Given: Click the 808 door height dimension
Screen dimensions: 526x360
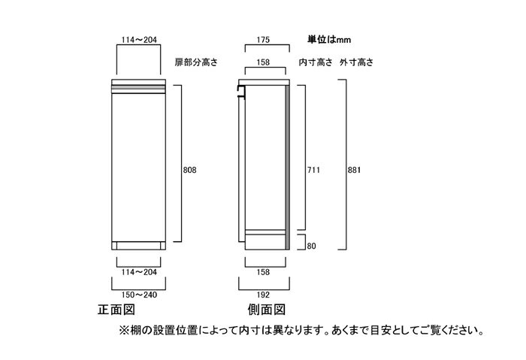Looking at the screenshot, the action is click(189, 170).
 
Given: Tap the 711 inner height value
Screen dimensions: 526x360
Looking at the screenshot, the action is click(313, 170).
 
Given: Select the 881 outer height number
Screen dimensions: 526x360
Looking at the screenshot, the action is click(354, 170).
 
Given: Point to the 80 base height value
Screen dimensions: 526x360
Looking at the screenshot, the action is click(311, 246).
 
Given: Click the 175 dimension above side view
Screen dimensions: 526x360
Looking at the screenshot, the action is click(263, 40).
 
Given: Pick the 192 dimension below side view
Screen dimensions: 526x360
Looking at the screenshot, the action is click(263, 295).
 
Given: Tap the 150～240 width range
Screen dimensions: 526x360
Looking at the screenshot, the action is click(139, 295).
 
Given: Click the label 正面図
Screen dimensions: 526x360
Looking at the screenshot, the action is click(116, 310).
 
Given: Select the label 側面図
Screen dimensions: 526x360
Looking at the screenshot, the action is click(267, 310).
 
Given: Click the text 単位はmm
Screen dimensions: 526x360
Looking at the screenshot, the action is click(329, 40).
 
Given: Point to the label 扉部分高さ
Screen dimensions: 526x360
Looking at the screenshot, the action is click(196, 62).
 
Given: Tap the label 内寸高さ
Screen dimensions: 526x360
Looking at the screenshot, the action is click(316, 62).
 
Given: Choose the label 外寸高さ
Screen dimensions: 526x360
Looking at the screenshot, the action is click(357, 62).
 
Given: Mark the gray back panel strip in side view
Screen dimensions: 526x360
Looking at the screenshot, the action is click(288, 167).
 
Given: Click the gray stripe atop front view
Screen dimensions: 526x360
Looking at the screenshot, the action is click(138, 87).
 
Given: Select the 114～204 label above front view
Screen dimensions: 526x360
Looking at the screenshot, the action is click(139, 40).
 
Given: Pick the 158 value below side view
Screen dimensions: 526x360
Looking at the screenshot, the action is click(263, 272).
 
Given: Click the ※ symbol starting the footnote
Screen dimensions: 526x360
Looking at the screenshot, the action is click(124, 331).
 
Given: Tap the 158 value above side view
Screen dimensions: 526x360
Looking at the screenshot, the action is click(263, 62).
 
